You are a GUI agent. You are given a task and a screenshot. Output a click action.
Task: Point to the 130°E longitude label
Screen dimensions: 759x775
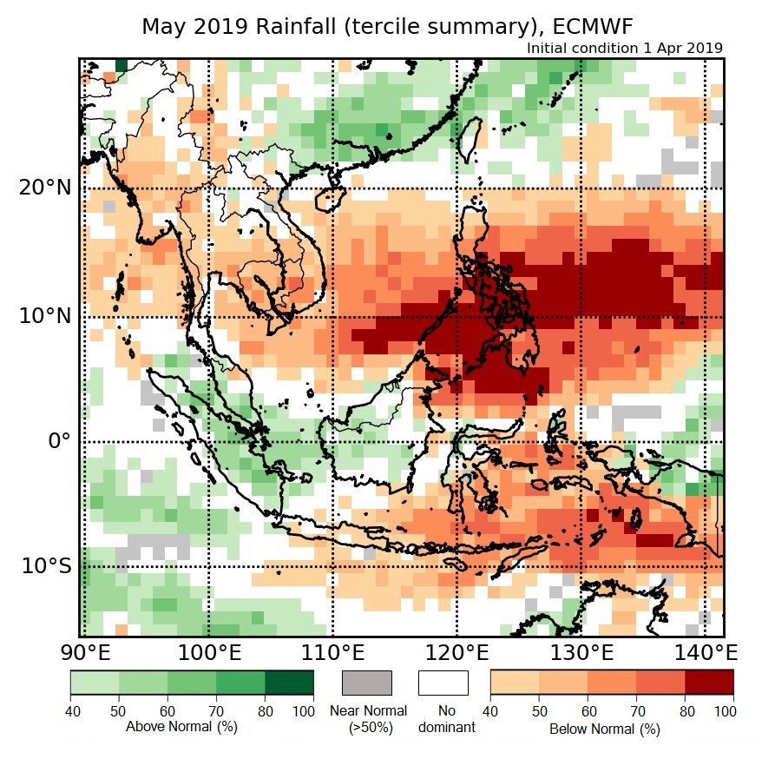tap(580, 652)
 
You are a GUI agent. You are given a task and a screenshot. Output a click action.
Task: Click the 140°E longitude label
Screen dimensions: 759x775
tap(704, 652)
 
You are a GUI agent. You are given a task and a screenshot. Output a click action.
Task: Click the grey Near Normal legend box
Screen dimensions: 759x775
tap(367, 683)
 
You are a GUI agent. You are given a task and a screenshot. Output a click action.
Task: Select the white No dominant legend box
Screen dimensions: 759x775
tap(443, 683)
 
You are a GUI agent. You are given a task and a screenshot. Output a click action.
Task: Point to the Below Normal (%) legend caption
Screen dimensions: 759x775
tap(604, 729)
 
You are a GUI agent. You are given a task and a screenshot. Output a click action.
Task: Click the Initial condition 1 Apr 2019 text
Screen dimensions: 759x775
tap(625, 48)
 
